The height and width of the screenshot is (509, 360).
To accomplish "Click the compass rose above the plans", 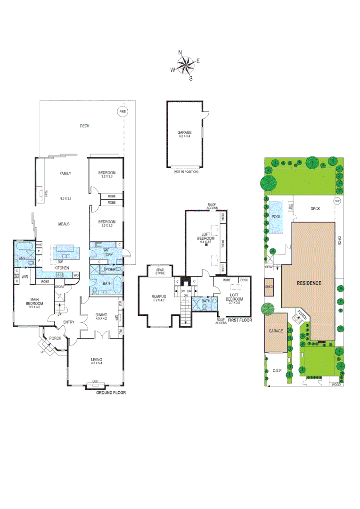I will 185,65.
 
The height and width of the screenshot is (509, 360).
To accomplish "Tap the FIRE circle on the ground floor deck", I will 123,112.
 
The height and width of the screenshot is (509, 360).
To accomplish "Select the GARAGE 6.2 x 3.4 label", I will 184,134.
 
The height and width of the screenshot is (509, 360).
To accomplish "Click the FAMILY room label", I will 65,173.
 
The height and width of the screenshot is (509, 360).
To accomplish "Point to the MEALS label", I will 64,224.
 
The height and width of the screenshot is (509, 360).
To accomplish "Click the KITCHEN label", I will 62,268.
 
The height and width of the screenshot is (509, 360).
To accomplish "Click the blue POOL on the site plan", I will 277,217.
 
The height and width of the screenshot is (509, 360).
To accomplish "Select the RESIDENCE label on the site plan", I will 309,283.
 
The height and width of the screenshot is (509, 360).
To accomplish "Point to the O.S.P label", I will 277,370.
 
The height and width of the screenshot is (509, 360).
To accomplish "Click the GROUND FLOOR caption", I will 111,392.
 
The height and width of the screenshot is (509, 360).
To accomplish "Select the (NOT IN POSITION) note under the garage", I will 186,172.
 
